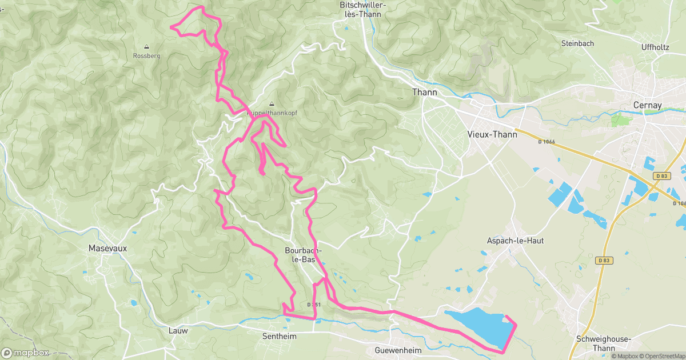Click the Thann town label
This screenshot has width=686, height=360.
[424, 92]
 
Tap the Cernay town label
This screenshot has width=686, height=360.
[647, 105]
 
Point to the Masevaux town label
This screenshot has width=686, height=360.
[107, 249]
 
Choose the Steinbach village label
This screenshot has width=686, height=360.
[577, 43]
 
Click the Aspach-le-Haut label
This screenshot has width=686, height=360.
[515, 241]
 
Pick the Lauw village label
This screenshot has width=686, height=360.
[178, 330]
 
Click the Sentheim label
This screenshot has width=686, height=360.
[279, 337]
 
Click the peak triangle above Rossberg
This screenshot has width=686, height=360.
[146, 47]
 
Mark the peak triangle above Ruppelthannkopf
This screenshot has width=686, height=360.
[272, 104]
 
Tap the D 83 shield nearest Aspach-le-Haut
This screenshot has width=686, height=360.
[604, 260]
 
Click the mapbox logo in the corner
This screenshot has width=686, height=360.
[25, 353]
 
